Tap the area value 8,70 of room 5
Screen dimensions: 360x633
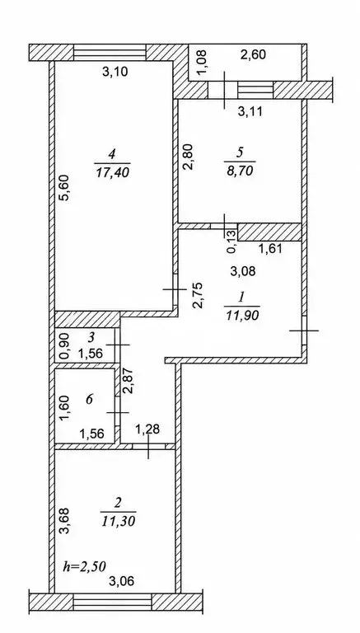[x=240, y=171]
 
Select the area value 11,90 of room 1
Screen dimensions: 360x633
[x=242, y=315]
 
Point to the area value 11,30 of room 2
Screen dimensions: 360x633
[x=119, y=521]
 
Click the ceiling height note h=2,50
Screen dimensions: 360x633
[x=84, y=566]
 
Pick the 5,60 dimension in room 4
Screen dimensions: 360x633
[x=68, y=187]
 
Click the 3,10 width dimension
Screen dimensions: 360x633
[x=115, y=73]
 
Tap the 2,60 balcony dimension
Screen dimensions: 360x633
[x=253, y=54]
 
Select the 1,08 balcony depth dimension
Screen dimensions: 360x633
[x=203, y=62]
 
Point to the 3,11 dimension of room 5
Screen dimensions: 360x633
[x=250, y=111]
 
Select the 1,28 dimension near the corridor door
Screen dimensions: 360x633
[x=147, y=429]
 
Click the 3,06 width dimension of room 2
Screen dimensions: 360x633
[x=121, y=581]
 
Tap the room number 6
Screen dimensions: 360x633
[x=89, y=400]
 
